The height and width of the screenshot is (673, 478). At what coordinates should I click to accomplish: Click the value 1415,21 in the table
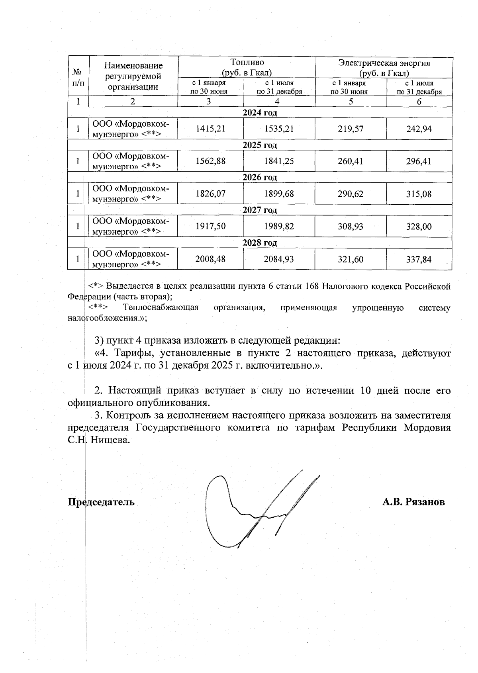pyautogui.click(x=210, y=129)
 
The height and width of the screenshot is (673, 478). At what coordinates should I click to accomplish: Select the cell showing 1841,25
pyautogui.click(x=279, y=161)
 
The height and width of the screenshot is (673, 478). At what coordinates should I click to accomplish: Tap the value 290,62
pyautogui.click(x=351, y=194)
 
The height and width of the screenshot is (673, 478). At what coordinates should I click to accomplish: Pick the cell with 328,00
pyautogui.click(x=419, y=227)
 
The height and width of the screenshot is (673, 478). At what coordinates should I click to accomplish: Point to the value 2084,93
pyautogui.click(x=279, y=259)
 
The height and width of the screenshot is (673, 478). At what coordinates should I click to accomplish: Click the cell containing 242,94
pyautogui.click(x=419, y=129)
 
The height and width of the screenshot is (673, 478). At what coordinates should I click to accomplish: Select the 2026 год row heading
pyautogui.click(x=260, y=177)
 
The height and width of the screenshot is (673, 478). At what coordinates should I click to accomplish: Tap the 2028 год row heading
pyautogui.click(x=260, y=243)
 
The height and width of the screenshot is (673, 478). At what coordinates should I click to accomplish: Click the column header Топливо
pyautogui.click(x=247, y=63)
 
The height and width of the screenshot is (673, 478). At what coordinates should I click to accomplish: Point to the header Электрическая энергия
pyautogui.click(x=384, y=63)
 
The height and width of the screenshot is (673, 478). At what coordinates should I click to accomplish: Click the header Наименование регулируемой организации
pyautogui.click(x=133, y=76)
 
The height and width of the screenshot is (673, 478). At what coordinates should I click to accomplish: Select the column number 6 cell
pyautogui.click(x=419, y=102)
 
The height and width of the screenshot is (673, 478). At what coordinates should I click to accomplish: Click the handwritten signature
pyautogui.click(x=255, y=510)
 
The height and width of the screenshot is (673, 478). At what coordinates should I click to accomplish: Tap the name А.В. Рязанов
pyautogui.click(x=413, y=502)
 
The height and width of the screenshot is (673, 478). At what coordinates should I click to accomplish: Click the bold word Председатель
pyautogui.click(x=101, y=502)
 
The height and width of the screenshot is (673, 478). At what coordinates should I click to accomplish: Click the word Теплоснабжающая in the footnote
pyautogui.click(x=161, y=307)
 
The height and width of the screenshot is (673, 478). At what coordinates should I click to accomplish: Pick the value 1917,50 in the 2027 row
pyautogui.click(x=210, y=227)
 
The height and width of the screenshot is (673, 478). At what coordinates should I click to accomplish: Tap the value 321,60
pyautogui.click(x=351, y=259)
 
